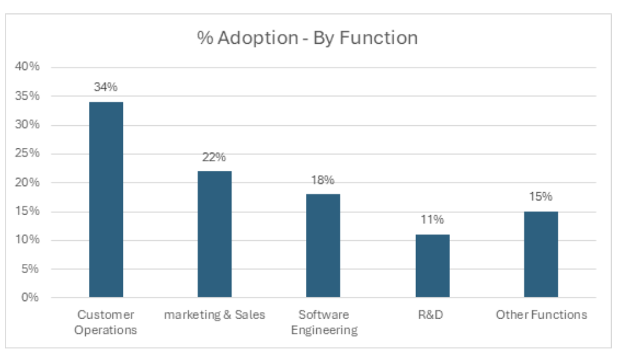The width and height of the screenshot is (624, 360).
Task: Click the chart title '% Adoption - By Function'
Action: (x=307, y=38)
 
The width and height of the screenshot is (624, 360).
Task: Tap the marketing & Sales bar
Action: (x=214, y=234)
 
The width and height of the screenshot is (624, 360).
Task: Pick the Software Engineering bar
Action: (x=323, y=246)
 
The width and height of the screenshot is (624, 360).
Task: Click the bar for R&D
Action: (x=432, y=266)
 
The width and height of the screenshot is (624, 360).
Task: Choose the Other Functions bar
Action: (x=541, y=254)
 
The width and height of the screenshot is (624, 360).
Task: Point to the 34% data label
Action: (x=106, y=87)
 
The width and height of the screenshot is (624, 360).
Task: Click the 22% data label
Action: (x=214, y=157)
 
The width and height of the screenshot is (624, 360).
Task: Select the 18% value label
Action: (x=323, y=180)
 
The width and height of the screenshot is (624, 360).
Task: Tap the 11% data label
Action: (x=432, y=220)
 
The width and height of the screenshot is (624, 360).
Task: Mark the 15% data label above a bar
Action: (x=541, y=196)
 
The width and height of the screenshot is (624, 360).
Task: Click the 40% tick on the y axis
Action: (x=27, y=67)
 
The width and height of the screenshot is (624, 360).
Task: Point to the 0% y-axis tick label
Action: (x=31, y=297)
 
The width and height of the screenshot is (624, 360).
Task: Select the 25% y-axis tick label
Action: (x=27, y=153)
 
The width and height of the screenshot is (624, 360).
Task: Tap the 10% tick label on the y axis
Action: (x=27, y=240)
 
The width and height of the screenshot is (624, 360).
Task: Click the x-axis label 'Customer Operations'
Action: (x=106, y=322)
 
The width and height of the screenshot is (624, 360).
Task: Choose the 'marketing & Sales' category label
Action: (x=215, y=315)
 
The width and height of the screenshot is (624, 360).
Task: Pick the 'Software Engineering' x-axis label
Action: (x=324, y=322)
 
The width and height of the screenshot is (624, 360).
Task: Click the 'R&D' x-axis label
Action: (x=432, y=315)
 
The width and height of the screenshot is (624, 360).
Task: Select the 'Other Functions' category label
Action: (x=541, y=315)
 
